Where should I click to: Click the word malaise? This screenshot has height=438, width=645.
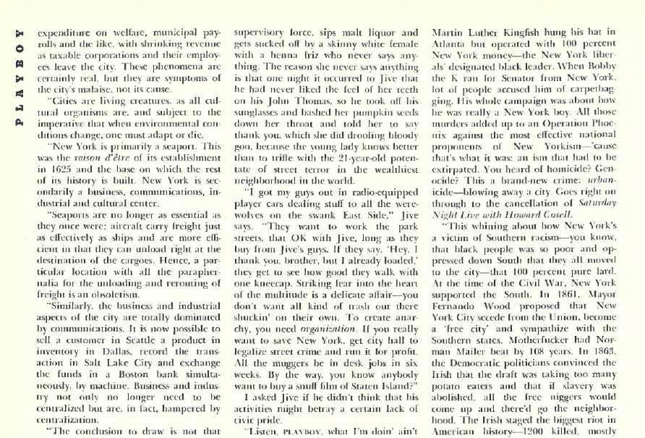(82, 89)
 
